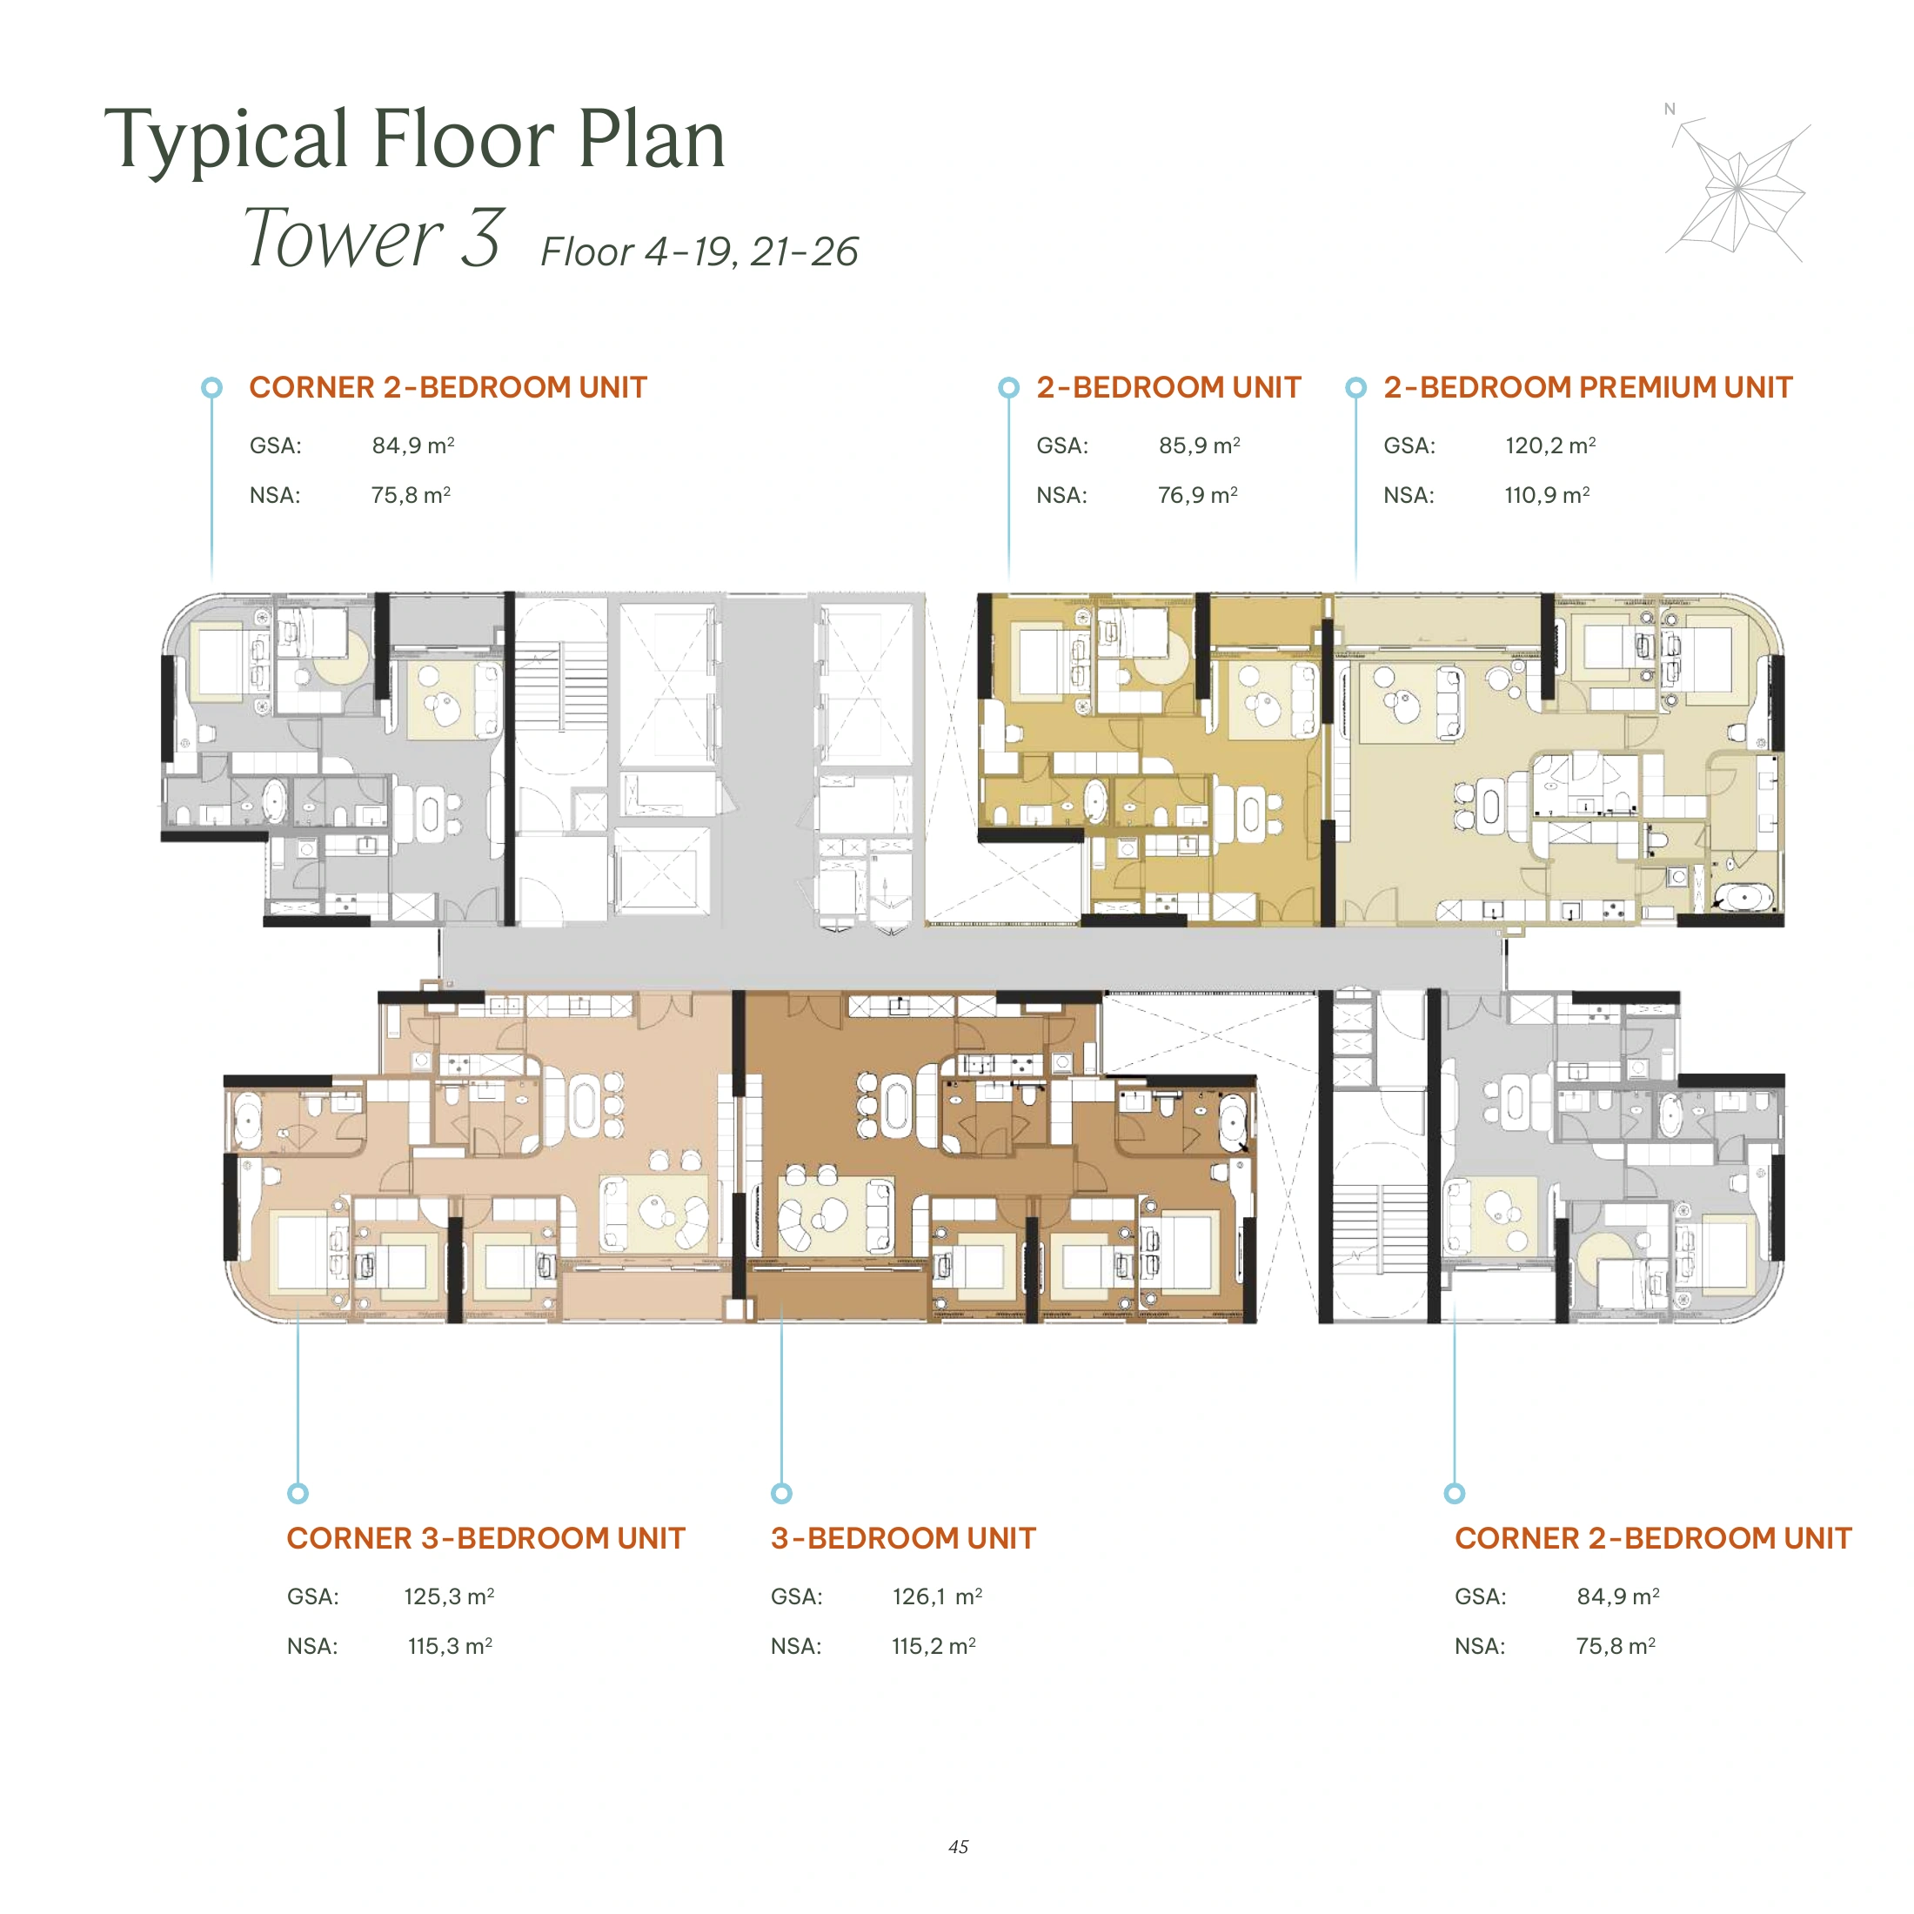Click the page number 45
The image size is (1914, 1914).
tap(958, 1847)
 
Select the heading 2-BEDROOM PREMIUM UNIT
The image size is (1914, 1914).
tap(1588, 387)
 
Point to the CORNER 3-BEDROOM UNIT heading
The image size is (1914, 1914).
tap(485, 1538)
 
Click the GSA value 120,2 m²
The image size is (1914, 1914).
tap(1550, 445)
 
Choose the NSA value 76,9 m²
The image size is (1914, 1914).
tap(1198, 494)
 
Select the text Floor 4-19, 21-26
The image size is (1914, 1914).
tap(699, 251)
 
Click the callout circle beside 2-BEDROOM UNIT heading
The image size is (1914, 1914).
tap(1008, 387)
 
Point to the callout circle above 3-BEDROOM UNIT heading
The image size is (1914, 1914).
tap(781, 1493)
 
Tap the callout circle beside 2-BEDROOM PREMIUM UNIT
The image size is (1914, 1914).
tap(1355, 387)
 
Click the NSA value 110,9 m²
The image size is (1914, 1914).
tap(1547, 494)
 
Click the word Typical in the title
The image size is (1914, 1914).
tap(227, 142)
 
